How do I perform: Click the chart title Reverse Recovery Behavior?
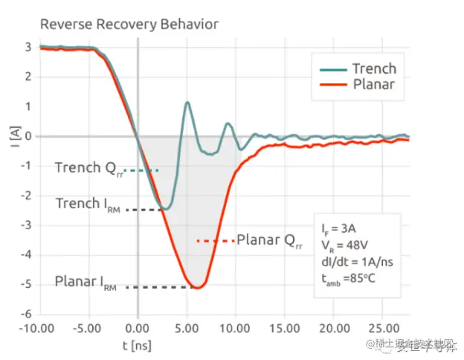(x=129, y=25)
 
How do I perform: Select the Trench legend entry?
(x=373, y=68)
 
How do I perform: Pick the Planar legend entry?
(x=373, y=84)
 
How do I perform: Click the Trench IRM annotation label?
(x=88, y=203)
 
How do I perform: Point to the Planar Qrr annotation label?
(x=269, y=240)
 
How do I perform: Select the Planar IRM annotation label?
(x=88, y=283)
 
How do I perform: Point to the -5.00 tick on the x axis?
(x=88, y=327)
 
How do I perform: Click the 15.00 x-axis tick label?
(x=285, y=327)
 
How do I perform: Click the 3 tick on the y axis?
(x=28, y=47)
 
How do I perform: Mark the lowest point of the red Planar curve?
(x=197, y=288)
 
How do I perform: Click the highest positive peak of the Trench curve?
(x=187, y=103)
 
